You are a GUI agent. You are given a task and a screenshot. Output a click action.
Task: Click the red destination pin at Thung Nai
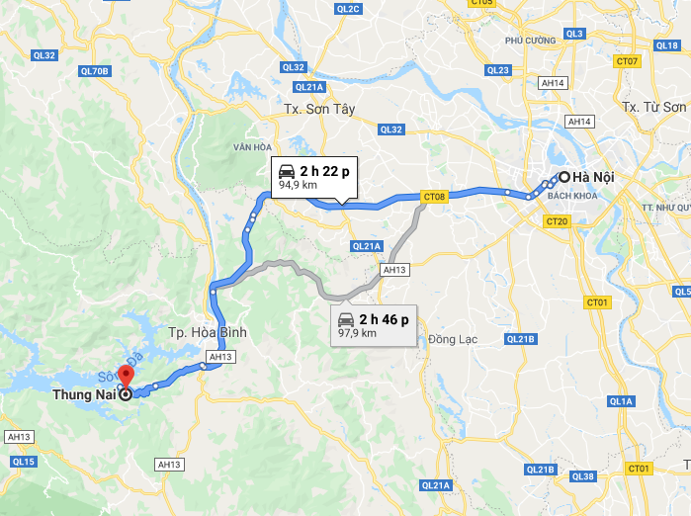coord(126,377)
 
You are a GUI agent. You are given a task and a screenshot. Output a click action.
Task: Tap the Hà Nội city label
coord(594,178)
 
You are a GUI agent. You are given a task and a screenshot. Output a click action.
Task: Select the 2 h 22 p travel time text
coord(325,171)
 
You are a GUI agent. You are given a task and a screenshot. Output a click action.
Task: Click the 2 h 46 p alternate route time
coord(385,318)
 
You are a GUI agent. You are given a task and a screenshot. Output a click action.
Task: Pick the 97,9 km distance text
coord(357,333)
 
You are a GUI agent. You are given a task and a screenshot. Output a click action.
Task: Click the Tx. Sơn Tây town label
coord(318,108)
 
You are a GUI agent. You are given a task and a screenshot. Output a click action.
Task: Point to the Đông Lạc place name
coord(453,339)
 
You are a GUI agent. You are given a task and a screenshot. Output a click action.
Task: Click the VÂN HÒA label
coord(253,146)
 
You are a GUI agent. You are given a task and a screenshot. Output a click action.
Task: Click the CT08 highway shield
coord(435,197)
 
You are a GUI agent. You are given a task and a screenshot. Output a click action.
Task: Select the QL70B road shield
coord(95,71)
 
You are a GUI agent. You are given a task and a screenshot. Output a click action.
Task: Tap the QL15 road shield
coord(24,462)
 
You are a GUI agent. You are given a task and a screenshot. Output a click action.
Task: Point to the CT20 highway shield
coord(557,221)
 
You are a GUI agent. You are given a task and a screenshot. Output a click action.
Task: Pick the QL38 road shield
coord(583,476)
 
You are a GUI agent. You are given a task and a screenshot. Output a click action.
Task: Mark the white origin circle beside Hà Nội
coord(563,178)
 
